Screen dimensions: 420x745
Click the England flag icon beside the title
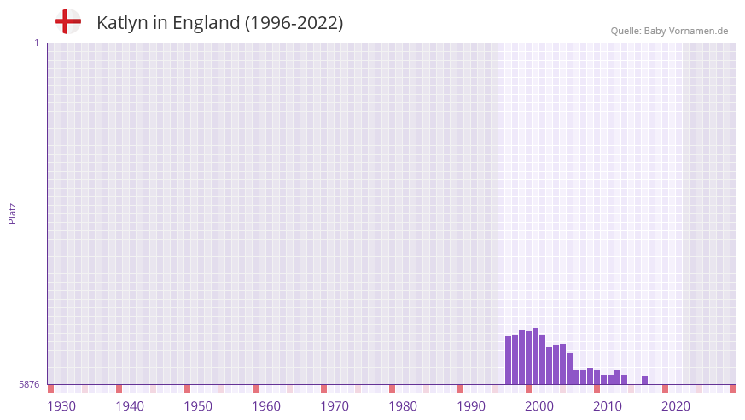pyautogui.click(x=68, y=22)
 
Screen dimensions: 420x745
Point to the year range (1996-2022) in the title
pyautogui.click(x=294, y=23)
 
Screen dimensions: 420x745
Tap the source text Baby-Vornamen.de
pyautogui.click(x=686, y=31)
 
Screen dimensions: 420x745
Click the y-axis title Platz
pyautogui.click(x=12, y=213)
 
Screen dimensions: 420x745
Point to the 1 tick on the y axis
pyautogui.click(x=36, y=43)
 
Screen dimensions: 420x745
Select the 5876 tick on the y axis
pyautogui.click(x=29, y=385)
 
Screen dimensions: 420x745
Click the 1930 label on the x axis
pyautogui.click(x=61, y=406)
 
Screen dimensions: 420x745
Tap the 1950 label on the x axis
pyautogui.click(x=198, y=406)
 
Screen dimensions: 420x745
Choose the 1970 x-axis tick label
pyautogui.click(x=335, y=406)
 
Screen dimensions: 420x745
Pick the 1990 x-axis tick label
pyautogui.click(x=471, y=406)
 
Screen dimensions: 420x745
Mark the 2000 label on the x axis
pyautogui.click(x=539, y=406)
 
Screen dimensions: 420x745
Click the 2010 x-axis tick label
pyautogui.click(x=608, y=406)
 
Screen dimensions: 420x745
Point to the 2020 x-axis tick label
pyautogui.click(x=676, y=406)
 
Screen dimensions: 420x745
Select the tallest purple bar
pyautogui.click(x=535, y=357)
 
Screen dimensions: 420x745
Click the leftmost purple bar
pyautogui.click(x=508, y=361)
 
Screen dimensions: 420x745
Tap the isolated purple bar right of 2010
pyautogui.click(x=644, y=381)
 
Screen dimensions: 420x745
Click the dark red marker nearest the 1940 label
pyautogui.click(x=119, y=389)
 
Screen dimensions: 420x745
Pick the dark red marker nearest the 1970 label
pyautogui.click(x=323, y=389)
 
